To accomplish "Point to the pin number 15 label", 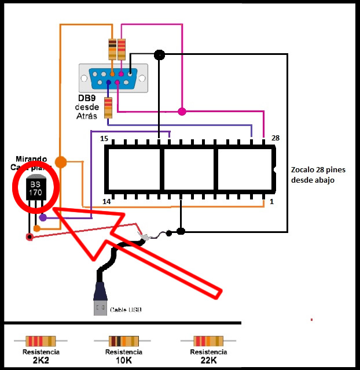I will coord(104,138).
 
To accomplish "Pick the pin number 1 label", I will coord(271,202).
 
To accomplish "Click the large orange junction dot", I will coord(61,162).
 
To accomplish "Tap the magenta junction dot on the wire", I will coord(182,111).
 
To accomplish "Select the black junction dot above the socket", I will coord(159,55).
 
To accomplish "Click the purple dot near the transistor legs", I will coord(43,218).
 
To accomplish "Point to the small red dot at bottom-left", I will coord(29,236).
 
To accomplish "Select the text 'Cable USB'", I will coord(126,310).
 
